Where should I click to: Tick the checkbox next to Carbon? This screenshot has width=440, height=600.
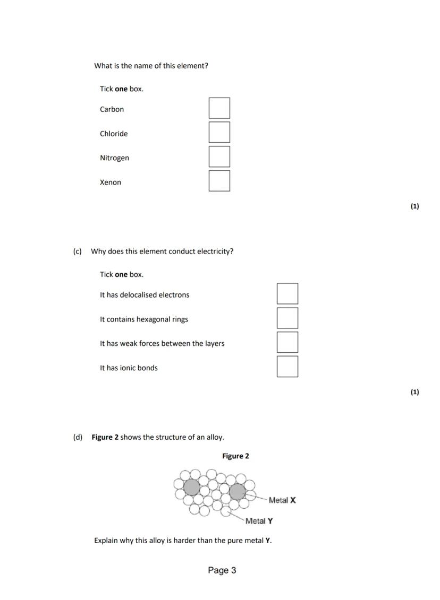pyautogui.click(x=219, y=108)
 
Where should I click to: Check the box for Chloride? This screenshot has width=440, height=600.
pyautogui.click(x=219, y=133)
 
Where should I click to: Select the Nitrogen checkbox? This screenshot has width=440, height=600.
pyautogui.click(x=219, y=157)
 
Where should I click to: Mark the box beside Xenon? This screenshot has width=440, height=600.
pyautogui.click(x=219, y=181)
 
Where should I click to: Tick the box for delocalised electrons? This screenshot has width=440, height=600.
pyautogui.click(x=287, y=294)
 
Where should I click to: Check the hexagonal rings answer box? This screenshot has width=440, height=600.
pyautogui.click(x=287, y=318)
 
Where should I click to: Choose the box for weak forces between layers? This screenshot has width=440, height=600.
pyautogui.click(x=287, y=343)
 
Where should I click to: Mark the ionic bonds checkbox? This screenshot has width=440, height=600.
pyautogui.click(x=287, y=367)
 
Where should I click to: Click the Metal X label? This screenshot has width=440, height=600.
pyautogui.click(x=282, y=500)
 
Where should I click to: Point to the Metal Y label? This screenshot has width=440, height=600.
pyautogui.click(x=259, y=521)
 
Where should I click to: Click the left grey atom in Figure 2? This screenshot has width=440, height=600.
pyautogui.click(x=191, y=487)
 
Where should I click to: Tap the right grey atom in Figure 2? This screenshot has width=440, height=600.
pyautogui.click(x=237, y=492)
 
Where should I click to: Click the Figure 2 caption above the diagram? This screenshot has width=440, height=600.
pyautogui.click(x=235, y=456)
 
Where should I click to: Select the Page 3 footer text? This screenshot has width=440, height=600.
pyautogui.click(x=222, y=571)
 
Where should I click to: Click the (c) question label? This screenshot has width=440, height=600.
pyautogui.click(x=78, y=251)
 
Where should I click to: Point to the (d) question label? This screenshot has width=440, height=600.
pyautogui.click(x=78, y=438)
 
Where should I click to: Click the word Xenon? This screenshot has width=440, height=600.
pyautogui.click(x=111, y=182)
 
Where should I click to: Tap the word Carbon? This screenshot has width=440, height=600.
pyautogui.click(x=112, y=110)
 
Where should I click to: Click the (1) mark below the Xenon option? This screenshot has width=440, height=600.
pyautogui.click(x=414, y=206)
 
